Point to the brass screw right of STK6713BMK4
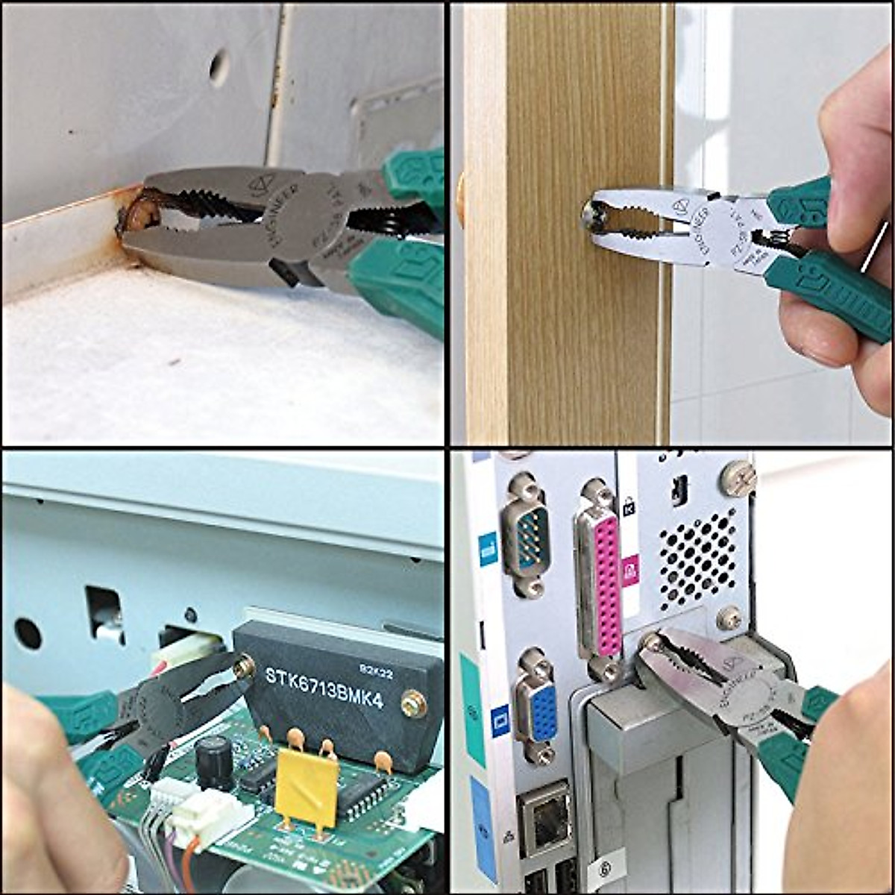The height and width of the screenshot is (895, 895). coord(409,702)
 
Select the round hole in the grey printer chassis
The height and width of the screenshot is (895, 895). coord(28,633)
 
